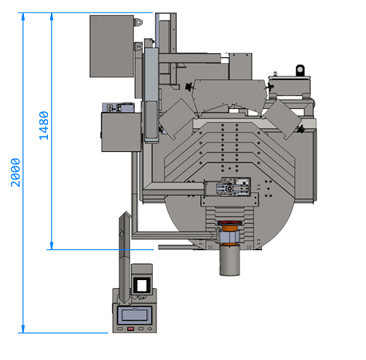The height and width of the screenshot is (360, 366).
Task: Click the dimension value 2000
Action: (15, 172)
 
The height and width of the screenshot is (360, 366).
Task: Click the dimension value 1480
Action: (44, 126)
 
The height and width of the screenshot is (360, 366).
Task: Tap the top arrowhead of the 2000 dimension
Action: (23, 17)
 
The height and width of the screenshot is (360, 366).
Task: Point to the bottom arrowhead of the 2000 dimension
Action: (23, 329)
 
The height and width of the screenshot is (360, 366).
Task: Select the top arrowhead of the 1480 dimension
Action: (52, 17)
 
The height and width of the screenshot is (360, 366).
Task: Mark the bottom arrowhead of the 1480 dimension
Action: (52, 246)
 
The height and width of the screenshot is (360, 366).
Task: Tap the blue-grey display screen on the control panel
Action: (135, 315)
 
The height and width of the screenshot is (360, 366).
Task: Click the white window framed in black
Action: (142, 285)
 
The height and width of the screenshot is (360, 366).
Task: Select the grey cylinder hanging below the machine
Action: (230, 260)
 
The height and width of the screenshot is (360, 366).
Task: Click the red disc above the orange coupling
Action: (230, 223)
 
